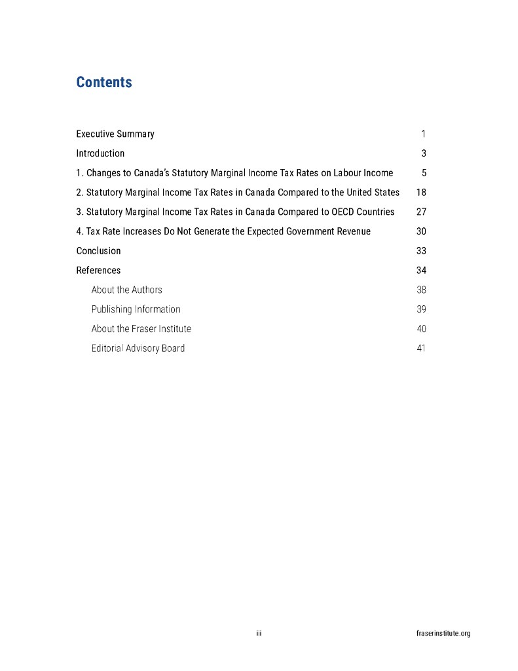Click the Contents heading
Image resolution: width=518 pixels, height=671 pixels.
tap(104, 83)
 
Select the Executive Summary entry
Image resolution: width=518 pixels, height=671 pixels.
tap(115, 134)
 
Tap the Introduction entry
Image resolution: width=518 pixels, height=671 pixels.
tap(100, 153)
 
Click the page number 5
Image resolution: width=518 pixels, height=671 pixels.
tap(424, 173)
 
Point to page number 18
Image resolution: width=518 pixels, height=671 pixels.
tap(421, 193)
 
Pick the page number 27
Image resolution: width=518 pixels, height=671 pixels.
tap(421, 212)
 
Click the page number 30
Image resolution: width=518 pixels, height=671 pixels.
tap(421, 231)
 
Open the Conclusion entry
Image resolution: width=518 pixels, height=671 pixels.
tap(98, 251)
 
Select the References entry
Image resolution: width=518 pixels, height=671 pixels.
tap(98, 271)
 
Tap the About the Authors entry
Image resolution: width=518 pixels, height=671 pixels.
tap(126, 290)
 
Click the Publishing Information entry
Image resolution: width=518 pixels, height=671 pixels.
tap(136, 309)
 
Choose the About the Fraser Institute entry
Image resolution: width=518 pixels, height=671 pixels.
tap(141, 329)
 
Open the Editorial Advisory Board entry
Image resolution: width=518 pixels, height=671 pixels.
tap(138, 349)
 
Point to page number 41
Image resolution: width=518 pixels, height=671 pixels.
tap(421, 349)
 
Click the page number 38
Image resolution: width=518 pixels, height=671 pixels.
tap(421, 290)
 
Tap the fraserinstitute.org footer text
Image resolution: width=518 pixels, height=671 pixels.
tap(443, 634)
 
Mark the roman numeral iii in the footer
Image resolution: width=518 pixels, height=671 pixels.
tap(259, 634)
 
